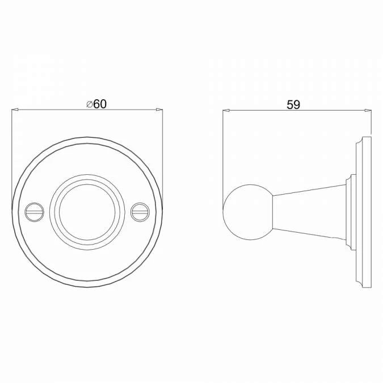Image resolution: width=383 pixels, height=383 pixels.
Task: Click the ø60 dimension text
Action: [96, 104]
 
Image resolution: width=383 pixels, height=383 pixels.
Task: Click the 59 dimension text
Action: [293, 105]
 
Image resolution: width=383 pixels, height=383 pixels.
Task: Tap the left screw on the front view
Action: [35, 212]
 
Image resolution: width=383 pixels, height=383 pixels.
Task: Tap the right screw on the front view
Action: [140, 212]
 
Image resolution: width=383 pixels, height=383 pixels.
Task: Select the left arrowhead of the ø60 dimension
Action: [15, 110]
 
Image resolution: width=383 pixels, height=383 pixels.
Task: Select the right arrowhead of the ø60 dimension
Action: [159, 110]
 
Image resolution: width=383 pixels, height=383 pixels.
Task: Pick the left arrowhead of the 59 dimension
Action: [226, 111]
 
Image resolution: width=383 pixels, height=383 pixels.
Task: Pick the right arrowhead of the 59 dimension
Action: [368, 111]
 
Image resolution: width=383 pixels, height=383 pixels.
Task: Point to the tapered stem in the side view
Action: [309, 212]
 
